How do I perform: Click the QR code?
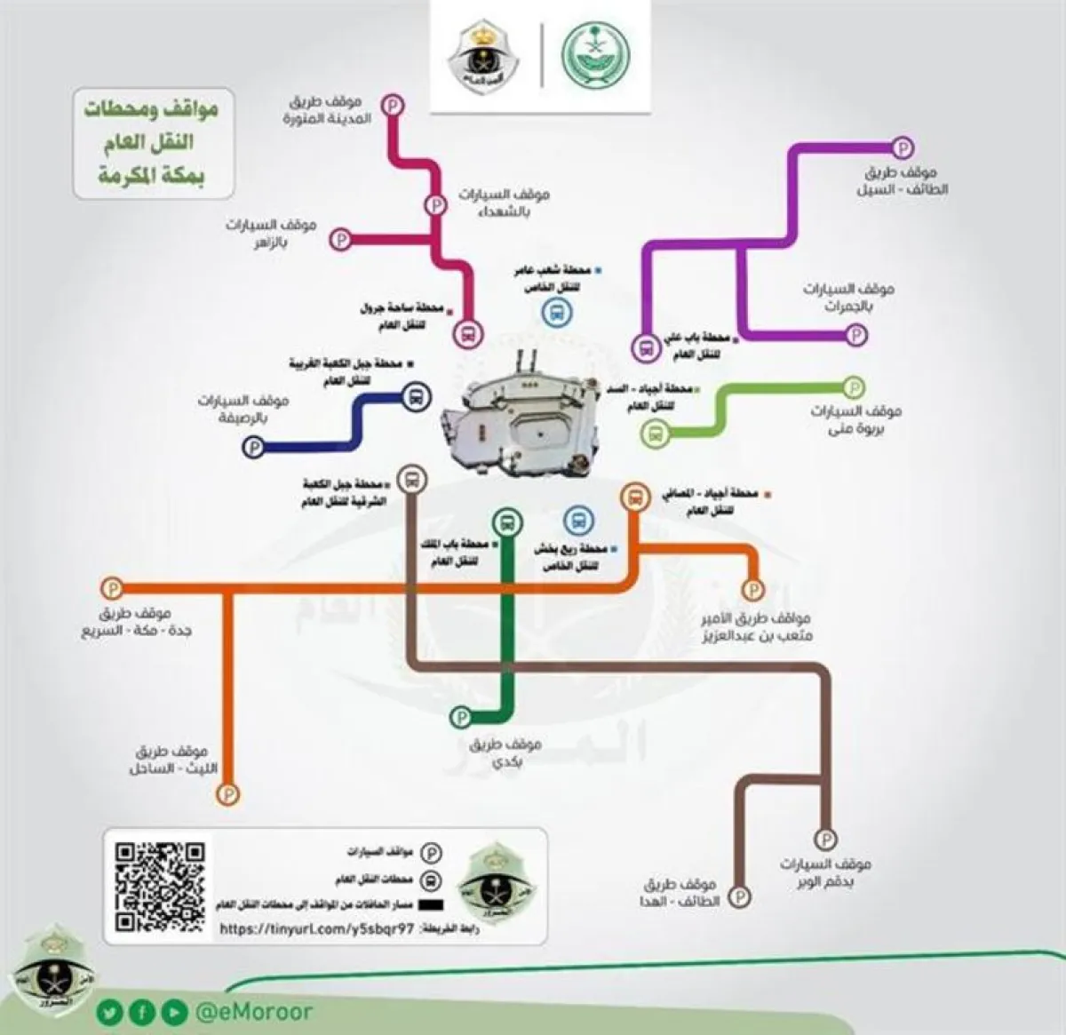click(x=161, y=886)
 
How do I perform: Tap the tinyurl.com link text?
click(x=316, y=928)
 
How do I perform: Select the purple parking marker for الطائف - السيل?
click(x=903, y=147)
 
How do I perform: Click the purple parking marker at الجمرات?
click(x=856, y=335)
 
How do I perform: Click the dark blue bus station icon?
click(x=415, y=397)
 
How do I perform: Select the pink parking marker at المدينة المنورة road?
click(x=394, y=106)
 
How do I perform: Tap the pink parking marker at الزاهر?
click(x=340, y=238)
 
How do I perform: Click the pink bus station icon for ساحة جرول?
click(x=468, y=334)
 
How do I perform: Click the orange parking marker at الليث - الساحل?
click(x=230, y=792)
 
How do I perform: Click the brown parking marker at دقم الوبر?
click(x=825, y=839)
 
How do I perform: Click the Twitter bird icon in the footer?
click(x=108, y=1011)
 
